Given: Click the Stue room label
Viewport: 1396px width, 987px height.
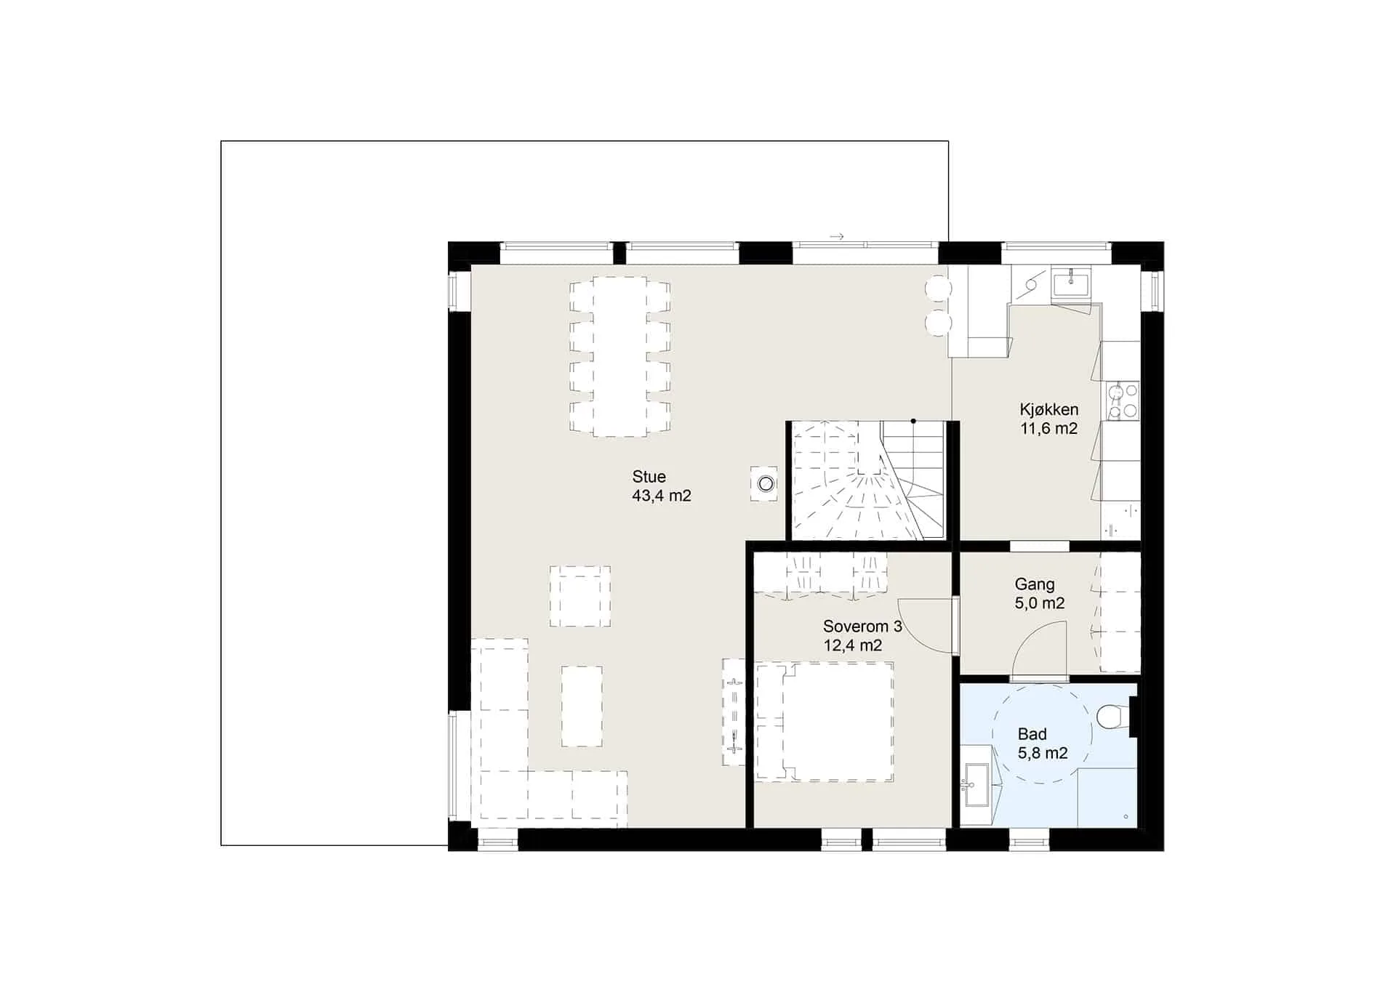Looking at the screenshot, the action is click(x=649, y=477).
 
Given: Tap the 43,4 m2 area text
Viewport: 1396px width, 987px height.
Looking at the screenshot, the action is click(x=662, y=496).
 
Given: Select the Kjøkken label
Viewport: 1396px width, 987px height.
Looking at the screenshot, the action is click(x=1048, y=410).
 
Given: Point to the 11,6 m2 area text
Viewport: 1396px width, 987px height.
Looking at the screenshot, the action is click(x=1048, y=428).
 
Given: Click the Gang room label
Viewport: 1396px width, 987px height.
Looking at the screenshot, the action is click(x=1035, y=585).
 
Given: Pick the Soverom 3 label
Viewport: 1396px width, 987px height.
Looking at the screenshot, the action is click(x=862, y=627).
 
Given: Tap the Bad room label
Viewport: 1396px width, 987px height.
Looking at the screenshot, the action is click(x=1032, y=734).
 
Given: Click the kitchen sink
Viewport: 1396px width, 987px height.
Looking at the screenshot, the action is click(x=1070, y=282).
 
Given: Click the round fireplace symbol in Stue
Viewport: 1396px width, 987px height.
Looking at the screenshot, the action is click(x=765, y=483).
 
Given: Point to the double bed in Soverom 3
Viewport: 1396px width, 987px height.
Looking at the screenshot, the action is click(x=825, y=722).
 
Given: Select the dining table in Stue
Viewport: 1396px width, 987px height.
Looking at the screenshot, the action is click(x=620, y=356).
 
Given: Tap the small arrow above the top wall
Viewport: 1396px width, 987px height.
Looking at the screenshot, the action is click(x=837, y=237).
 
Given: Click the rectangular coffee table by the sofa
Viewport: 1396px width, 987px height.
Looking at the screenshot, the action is click(x=582, y=706).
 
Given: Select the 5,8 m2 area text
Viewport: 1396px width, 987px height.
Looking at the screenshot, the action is click(x=1043, y=753).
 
